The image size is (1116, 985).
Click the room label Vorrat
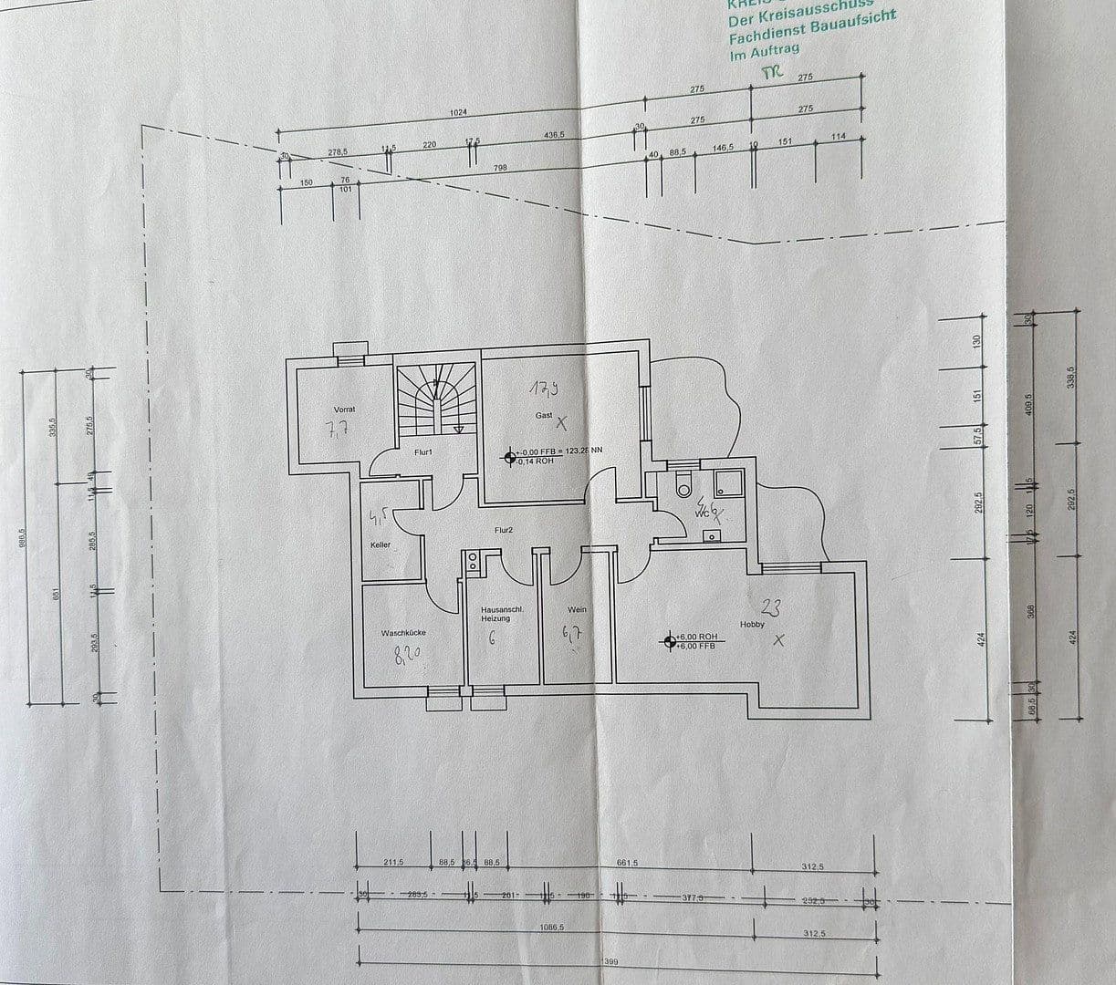(344, 410)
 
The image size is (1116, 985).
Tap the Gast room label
(544, 415)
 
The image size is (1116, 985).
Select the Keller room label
(381, 545)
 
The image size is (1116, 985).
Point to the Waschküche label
(403, 632)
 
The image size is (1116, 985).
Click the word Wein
(576, 610)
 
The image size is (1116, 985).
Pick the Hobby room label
(752, 625)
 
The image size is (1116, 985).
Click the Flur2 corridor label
(504, 529)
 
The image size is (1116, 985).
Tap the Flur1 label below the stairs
(422, 452)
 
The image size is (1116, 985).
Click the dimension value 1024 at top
(458, 112)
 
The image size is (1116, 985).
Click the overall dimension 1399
(612, 960)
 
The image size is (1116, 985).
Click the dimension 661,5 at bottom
(627, 863)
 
